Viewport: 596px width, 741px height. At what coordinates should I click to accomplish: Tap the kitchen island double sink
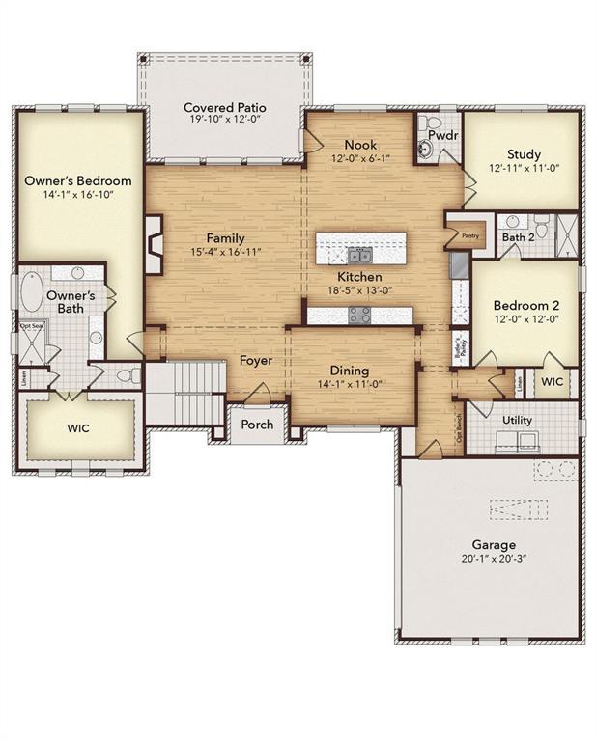(359, 256)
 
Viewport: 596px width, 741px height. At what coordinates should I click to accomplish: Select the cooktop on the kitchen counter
(359, 316)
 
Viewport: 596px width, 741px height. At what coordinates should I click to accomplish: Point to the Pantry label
(469, 234)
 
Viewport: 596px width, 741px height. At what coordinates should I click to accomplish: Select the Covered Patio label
(225, 107)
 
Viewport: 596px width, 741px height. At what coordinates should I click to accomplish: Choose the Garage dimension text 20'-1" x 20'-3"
(494, 559)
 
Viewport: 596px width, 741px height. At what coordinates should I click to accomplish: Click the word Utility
(518, 421)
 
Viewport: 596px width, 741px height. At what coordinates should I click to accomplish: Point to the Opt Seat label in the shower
(32, 326)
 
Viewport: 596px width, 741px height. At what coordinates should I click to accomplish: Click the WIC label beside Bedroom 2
(553, 381)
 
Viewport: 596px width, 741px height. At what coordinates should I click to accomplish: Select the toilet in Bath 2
(541, 229)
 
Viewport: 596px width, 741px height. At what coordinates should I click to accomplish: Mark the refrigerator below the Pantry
(459, 264)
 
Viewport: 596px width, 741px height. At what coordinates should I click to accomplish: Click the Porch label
(256, 425)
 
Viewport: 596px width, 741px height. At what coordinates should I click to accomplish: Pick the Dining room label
(350, 370)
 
